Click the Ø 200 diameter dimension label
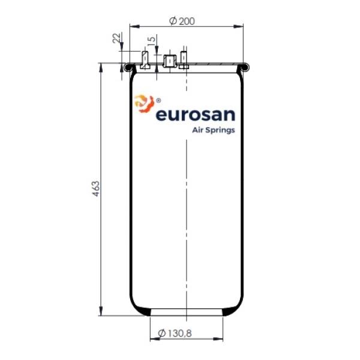coord(182,21)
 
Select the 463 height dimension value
coord(96,189)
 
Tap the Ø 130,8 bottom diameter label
coord(175,333)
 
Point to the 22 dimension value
coord(116,38)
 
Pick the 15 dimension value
coord(152,40)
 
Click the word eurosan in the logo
coord(196,115)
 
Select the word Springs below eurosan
coord(220,130)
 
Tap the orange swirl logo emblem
coord(144,104)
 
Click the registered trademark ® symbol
coord(158,100)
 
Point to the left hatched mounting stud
coord(145,60)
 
